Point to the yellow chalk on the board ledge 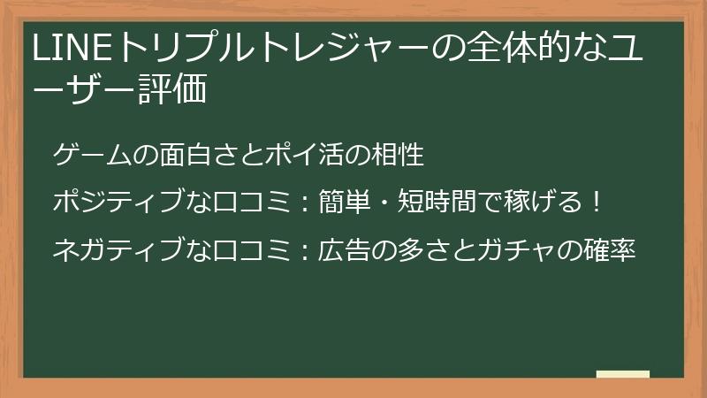point(622,374)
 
